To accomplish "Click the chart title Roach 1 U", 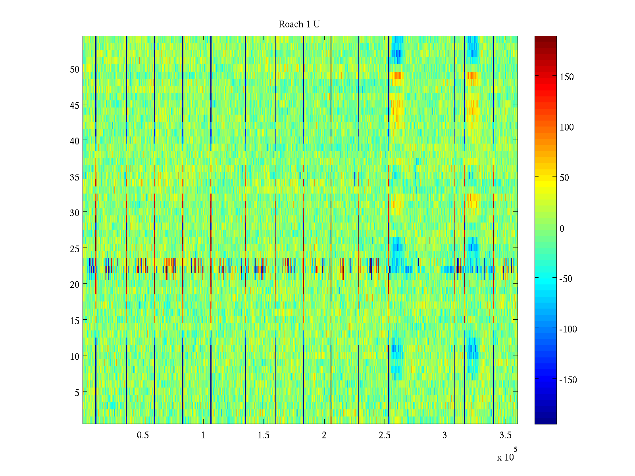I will (299, 25).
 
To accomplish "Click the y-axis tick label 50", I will (75, 69).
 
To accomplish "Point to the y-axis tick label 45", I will (75, 105).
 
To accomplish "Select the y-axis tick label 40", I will (75, 141).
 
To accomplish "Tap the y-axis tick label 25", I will (75, 249).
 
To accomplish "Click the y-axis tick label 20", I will (75, 284).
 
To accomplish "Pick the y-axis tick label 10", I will (75, 357).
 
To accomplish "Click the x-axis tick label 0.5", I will (143, 436).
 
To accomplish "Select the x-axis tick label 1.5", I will (264, 436).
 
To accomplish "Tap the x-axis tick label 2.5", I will (385, 436).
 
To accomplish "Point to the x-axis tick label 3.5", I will (505, 436).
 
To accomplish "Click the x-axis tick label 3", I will (444, 436).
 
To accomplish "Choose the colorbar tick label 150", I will (567, 77).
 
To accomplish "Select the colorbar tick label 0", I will (562, 228).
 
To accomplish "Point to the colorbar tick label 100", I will (567, 128).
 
